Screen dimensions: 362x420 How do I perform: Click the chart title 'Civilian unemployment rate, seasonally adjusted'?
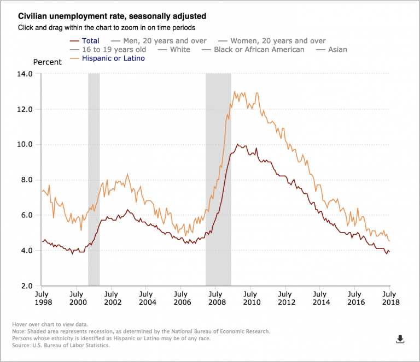point(113,16)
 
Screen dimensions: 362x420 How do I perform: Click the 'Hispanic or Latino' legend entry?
point(113,58)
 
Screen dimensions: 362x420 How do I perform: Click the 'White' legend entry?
point(180,49)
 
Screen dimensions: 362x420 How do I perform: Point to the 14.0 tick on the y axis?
point(26,74)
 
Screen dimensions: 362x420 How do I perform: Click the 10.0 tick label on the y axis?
point(26,145)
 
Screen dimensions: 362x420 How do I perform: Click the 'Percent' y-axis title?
point(49,61)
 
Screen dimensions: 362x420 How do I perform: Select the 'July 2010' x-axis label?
point(250,298)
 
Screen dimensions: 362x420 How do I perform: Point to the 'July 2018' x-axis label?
point(389,298)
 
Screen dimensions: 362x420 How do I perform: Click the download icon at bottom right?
point(400,339)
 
